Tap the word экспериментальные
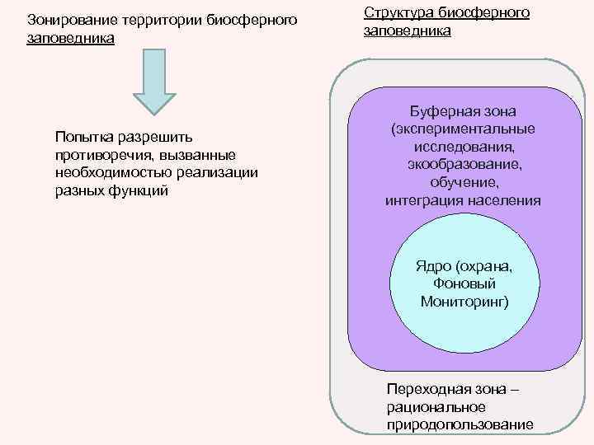tap(463, 129)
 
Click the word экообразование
tap(463, 165)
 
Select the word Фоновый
tap(465, 283)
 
